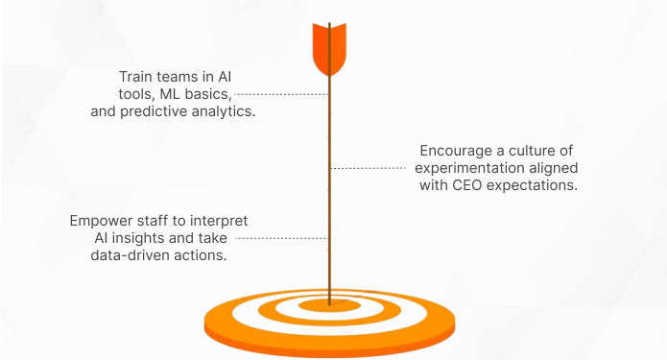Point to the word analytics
click(226, 110)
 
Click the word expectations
click(532, 185)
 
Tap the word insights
click(134, 238)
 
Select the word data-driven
click(127, 255)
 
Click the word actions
click(202, 255)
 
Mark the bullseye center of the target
click(329, 304)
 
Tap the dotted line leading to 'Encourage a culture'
click(371, 168)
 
